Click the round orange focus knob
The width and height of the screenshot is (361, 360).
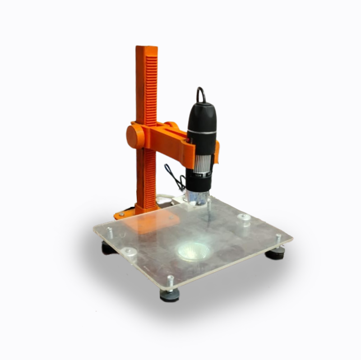click(134, 136)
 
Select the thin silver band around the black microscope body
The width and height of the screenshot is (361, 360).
click(201, 132)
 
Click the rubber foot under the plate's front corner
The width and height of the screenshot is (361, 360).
click(170, 295)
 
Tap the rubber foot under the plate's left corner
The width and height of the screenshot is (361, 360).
click(109, 248)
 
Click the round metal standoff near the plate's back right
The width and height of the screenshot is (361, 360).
click(244, 219)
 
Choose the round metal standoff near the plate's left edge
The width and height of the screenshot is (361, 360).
click(130, 251)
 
